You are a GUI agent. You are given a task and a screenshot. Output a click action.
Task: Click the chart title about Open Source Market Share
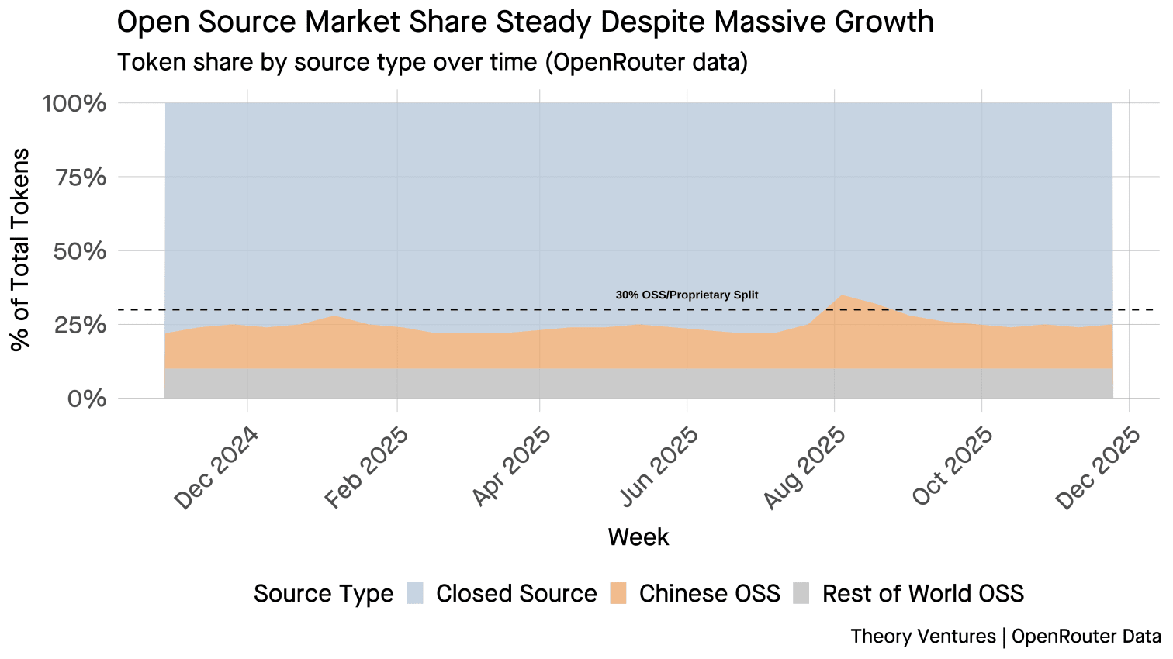(524, 22)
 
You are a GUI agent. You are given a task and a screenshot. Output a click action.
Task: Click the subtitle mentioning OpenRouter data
(432, 62)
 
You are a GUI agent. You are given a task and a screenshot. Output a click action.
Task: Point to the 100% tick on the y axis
(74, 103)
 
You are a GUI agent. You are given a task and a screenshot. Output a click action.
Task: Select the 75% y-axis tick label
(80, 178)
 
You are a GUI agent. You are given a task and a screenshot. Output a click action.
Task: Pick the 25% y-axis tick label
(80, 325)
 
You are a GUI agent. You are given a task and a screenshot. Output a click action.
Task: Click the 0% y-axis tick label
(86, 399)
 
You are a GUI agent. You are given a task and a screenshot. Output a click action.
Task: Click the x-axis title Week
(638, 537)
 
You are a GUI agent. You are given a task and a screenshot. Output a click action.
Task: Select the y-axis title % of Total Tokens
(21, 250)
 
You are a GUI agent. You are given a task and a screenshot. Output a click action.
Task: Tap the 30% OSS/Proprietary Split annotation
(687, 295)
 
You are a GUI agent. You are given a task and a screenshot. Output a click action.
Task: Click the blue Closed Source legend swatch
(416, 593)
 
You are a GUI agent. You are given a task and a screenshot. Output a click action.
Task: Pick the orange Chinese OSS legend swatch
(619, 593)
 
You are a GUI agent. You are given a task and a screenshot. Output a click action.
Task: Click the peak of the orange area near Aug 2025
(842, 295)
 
